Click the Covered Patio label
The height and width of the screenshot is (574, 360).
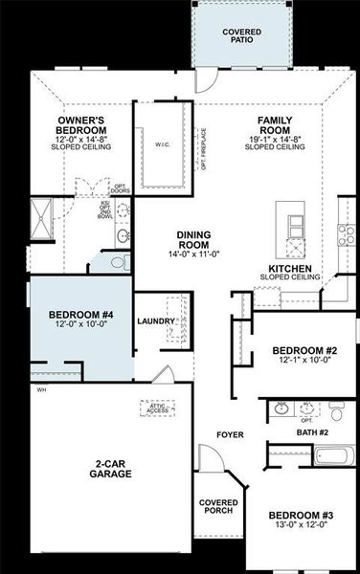(x=241, y=36)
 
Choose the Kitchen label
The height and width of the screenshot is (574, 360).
(x=288, y=271)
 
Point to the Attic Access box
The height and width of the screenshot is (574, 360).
(x=158, y=408)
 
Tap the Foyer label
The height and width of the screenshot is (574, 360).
(x=231, y=435)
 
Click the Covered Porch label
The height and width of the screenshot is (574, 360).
(x=218, y=506)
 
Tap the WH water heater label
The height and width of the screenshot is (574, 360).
(x=41, y=389)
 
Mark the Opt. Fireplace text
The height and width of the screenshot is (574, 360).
(x=203, y=148)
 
